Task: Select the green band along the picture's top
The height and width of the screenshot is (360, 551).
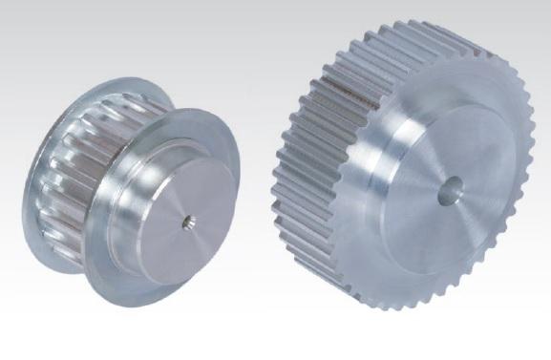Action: (x=275, y=6)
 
